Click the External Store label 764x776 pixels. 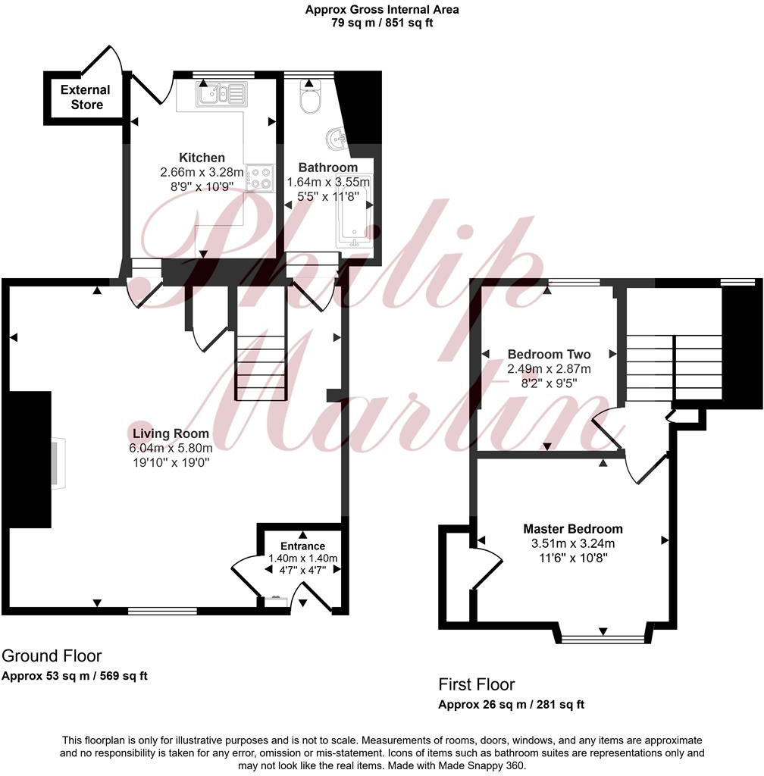pos(85,97)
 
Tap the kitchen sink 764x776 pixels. pos(221,95)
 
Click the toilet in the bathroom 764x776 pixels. pos(310,101)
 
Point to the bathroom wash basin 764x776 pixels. pos(336,140)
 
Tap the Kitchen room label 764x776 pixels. pos(202,158)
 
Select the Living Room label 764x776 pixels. pos(171,434)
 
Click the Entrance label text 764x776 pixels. pos(302,546)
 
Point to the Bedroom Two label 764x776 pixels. pos(549,354)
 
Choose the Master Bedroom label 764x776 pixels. pos(572,529)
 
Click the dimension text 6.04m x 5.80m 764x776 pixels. pos(171,448)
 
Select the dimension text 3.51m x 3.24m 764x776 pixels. pos(572,543)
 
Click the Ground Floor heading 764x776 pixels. pos(52,656)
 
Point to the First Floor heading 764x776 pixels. pos(476,685)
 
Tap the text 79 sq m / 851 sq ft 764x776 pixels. pos(381,23)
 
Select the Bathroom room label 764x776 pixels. pos(327,167)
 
